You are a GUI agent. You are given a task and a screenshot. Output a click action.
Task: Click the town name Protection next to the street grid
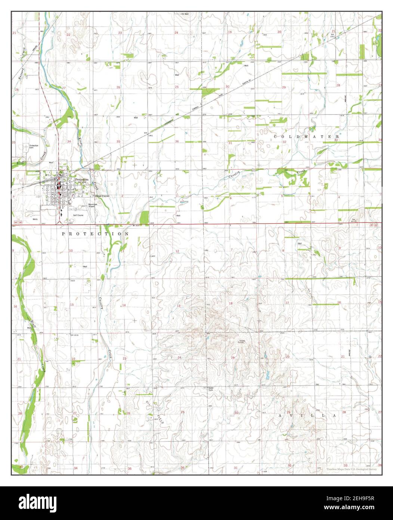(x=82, y=180)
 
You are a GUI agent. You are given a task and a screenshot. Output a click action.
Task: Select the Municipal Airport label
(x=93, y=205)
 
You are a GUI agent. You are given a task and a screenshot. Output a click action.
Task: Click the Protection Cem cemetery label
(x=34, y=146)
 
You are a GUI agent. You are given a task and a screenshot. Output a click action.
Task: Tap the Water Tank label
(x=213, y=388)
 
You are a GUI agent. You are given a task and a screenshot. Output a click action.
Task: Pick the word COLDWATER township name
(x=306, y=137)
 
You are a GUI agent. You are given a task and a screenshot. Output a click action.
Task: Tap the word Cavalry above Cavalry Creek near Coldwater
(x=235, y=173)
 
